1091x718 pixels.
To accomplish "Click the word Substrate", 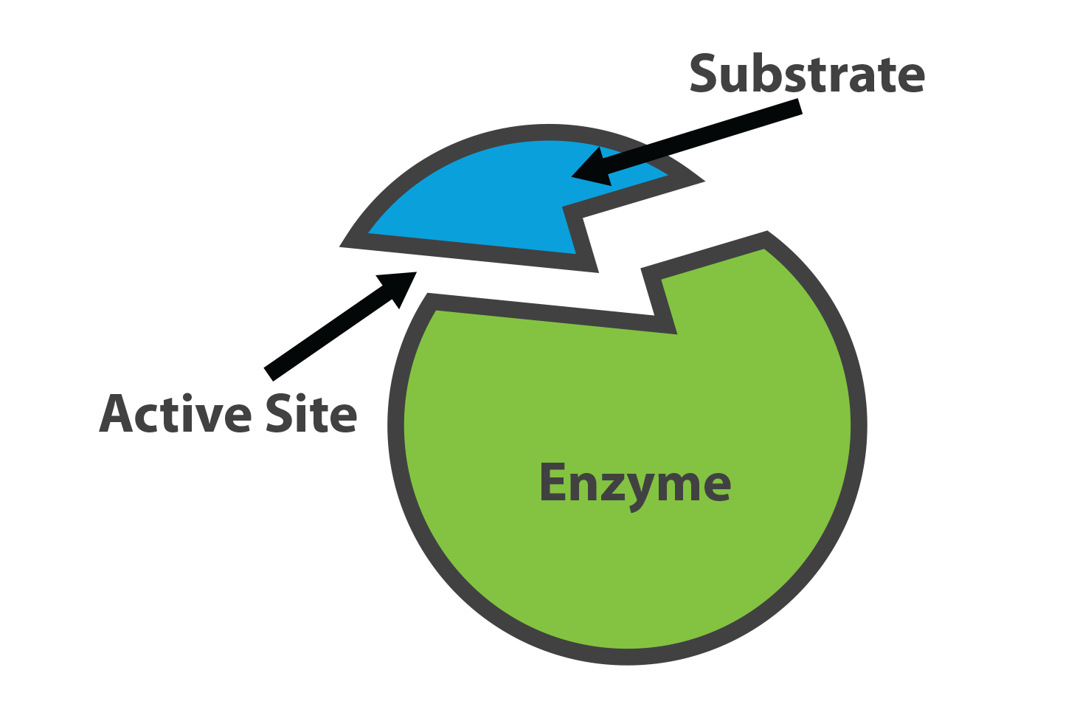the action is [807, 74].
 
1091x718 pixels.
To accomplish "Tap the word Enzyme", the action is [635, 485].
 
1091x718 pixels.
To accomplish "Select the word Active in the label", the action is [176, 413].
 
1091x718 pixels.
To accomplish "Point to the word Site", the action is [311, 413].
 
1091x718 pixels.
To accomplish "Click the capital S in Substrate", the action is [704, 74].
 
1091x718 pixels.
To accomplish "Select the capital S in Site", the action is [280, 413].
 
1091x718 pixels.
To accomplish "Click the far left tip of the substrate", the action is [340, 246].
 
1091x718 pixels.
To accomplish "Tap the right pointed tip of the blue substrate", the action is [704, 181].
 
